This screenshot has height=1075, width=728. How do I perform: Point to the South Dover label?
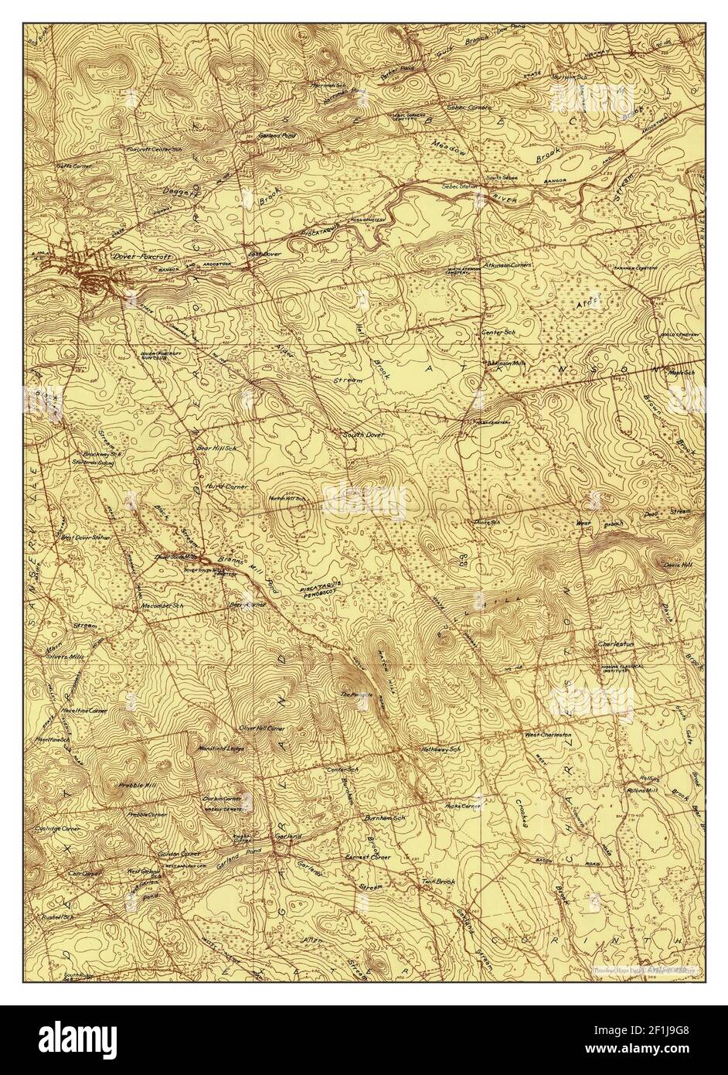(x=363, y=435)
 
